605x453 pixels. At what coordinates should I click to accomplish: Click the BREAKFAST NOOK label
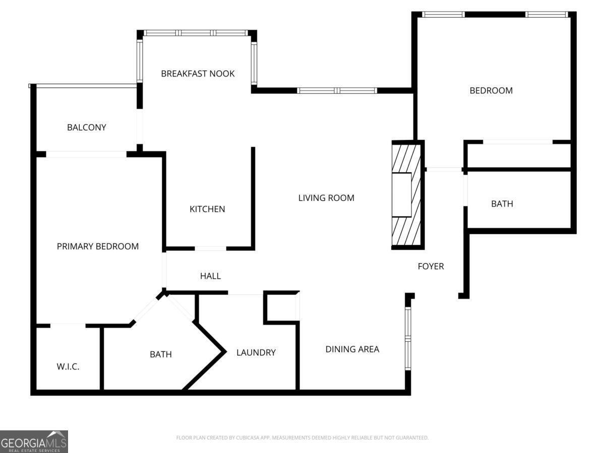point(198,73)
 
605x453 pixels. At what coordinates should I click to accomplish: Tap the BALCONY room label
point(87,127)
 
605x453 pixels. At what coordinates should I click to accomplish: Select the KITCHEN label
point(207,209)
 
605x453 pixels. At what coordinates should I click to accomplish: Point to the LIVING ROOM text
point(326,198)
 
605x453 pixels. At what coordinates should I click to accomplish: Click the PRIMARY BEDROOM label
point(98,246)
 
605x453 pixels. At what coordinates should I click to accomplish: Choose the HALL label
point(210,276)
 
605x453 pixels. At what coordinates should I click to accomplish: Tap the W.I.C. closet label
point(68,366)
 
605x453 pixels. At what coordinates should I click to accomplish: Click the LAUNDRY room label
point(256,352)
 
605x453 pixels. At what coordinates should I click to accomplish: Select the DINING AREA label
point(352,349)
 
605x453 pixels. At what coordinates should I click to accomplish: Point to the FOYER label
point(431,266)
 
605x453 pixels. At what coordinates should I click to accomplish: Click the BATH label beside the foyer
point(502,203)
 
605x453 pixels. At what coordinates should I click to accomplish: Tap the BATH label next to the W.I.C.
point(161,354)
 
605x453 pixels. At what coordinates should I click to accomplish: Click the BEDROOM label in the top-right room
point(491,91)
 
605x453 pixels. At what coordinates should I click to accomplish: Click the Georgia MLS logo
point(34,442)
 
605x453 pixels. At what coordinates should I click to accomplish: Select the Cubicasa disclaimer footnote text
point(302,437)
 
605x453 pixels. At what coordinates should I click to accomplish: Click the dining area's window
point(408,338)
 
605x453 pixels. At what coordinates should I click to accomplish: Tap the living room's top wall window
point(337,91)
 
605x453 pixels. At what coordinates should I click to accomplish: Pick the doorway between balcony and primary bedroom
point(86,154)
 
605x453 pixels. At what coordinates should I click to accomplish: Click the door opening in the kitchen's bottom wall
point(211,248)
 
